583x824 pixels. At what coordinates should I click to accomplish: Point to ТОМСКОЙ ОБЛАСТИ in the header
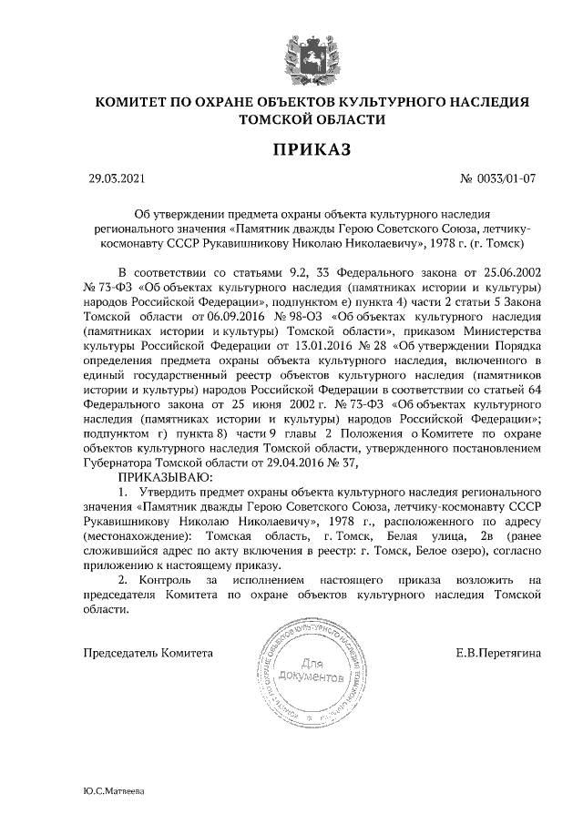(x=312, y=118)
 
